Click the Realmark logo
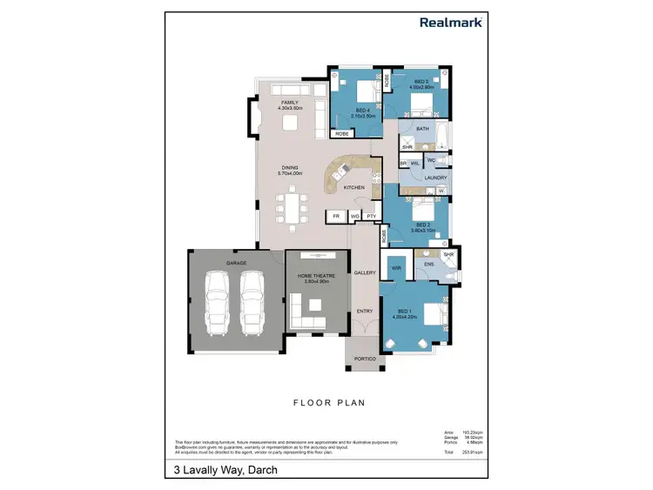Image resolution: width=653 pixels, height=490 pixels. (450, 23)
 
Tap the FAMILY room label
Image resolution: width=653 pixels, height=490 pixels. (290, 105)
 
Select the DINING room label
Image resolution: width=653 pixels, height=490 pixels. (290, 171)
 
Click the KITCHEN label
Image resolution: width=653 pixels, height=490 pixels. (353, 187)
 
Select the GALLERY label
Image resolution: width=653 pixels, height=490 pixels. (365, 272)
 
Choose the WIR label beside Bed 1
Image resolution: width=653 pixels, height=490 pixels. (395, 268)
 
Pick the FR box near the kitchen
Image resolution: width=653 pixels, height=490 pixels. (335, 215)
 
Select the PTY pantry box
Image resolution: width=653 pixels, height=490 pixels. (370, 215)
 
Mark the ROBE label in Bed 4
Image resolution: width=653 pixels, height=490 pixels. (342, 133)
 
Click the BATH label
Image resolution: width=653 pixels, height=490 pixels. (422, 129)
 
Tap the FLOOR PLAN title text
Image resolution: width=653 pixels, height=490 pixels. (328, 403)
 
